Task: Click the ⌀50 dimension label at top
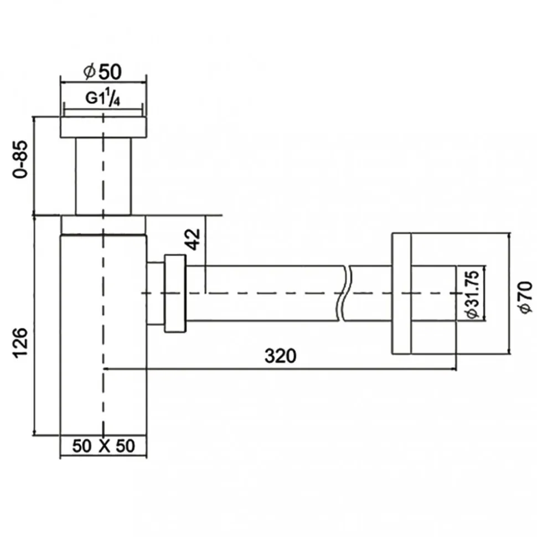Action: click(x=102, y=71)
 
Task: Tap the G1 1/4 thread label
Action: click(x=103, y=98)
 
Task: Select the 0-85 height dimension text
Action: click(x=20, y=159)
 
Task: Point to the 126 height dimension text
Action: click(x=20, y=343)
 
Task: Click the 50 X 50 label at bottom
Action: click(x=104, y=446)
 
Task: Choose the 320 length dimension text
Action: click(x=280, y=356)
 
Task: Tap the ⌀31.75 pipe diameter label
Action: click(x=473, y=294)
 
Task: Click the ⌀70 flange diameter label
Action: click(x=525, y=296)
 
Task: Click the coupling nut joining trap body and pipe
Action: click(x=175, y=293)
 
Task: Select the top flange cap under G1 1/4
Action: click(x=104, y=127)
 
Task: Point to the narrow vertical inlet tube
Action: click(x=103, y=176)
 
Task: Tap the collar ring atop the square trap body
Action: click(x=103, y=225)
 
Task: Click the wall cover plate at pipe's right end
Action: click(x=401, y=294)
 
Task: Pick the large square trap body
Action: click(x=103, y=335)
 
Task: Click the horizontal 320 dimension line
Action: click(x=280, y=369)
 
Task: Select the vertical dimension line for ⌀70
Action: click(x=510, y=294)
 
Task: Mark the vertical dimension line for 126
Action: click(x=34, y=326)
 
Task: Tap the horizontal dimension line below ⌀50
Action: click(x=103, y=82)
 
